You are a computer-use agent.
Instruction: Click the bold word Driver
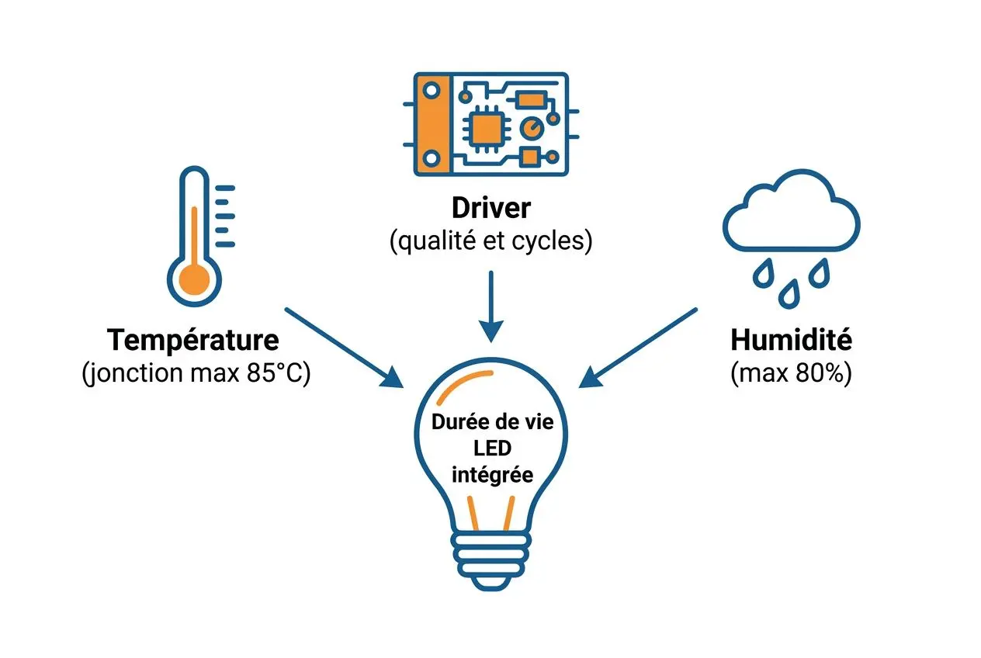[x=491, y=208]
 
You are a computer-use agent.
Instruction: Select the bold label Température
[x=193, y=340]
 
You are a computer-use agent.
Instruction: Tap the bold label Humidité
[x=792, y=340]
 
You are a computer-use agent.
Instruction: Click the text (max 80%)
[x=792, y=373]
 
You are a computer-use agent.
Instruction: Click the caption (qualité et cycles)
[x=491, y=241]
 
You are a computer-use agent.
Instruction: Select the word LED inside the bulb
[x=492, y=448]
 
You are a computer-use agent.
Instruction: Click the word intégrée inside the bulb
[x=492, y=475]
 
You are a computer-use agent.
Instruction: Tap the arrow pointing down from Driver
[x=491, y=306]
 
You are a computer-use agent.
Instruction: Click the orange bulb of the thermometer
[x=195, y=280]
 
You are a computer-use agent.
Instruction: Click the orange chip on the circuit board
[x=485, y=129]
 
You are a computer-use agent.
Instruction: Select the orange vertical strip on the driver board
[x=433, y=124]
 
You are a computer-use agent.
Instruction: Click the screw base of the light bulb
[x=491, y=561]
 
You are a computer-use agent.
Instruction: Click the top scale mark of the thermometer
[x=225, y=189]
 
